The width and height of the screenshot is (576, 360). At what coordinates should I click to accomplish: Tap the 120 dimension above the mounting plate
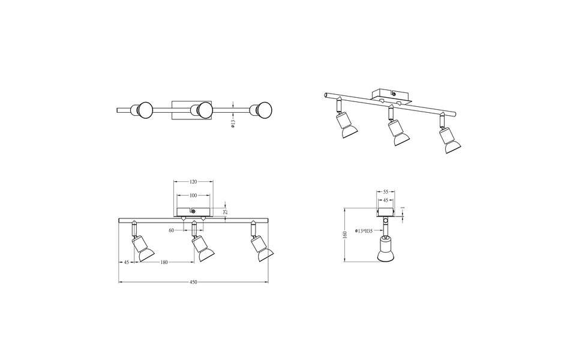click(x=193, y=181)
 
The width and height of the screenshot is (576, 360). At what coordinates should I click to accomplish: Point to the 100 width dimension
click(x=193, y=196)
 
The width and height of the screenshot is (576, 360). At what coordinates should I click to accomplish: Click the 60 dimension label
click(x=172, y=230)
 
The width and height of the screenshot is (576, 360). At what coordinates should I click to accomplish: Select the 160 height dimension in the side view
click(x=346, y=235)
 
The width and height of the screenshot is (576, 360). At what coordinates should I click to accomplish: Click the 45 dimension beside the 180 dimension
click(x=127, y=262)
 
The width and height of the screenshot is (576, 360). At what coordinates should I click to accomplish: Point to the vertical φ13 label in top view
click(x=233, y=124)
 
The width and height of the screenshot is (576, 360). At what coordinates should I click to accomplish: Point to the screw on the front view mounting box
click(x=193, y=211)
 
